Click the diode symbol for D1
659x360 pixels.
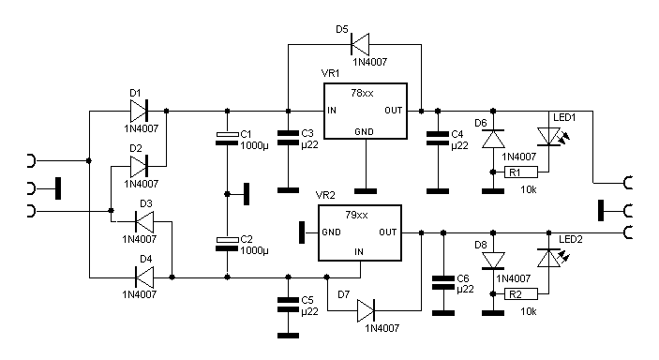tap(139, 111)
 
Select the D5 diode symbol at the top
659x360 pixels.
tap(360, 44)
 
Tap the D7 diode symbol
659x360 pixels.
tap(366, 311)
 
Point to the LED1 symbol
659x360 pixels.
tap(551, 138)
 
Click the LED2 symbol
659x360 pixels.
tap(551, 258)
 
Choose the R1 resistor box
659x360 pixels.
tap(521, 172)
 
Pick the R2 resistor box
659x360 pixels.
tap(521, 294)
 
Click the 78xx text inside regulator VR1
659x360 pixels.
tap(362, 93)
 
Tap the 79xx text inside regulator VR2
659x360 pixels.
tap(356, 215)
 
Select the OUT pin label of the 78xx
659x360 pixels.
tap(394, 111)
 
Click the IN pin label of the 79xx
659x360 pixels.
tap(358, 252)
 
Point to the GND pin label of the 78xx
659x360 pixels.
tap(364, 132)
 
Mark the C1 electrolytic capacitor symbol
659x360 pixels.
tap(227, 139)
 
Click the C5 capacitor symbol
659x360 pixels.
tap(289, 305)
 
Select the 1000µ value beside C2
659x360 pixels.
tap(254, 250)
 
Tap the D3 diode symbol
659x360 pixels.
tap(144, 221)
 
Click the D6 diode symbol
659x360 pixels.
tap(493, 139)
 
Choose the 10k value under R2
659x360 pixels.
tap(529, 311)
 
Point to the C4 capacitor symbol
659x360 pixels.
tap(438, 139)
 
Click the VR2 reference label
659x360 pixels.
tap(325, 196)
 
